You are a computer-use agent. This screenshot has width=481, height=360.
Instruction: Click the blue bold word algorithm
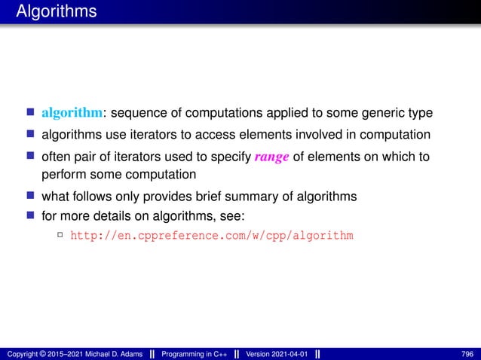click(x=72, y=114)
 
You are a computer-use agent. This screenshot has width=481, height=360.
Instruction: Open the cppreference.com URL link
click(x=211, y=236)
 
